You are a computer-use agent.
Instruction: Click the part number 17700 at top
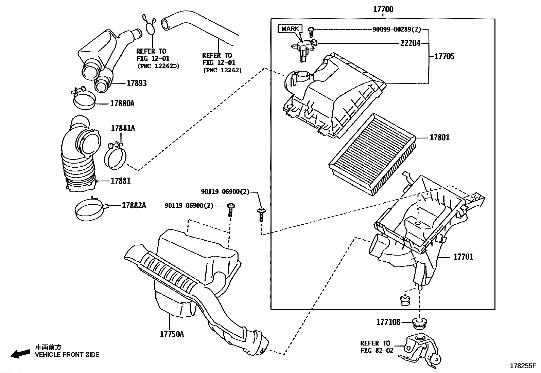pos(383,9)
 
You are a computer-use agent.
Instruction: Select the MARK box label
pos(290,29)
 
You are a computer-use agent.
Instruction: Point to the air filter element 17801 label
pos(439,137)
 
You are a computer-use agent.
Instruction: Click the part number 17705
pos(444,56)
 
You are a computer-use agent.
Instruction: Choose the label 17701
pos(463,257)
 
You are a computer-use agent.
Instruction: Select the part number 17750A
pos(172,334)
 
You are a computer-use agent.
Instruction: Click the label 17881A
pos(123,128)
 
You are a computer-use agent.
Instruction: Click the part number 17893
pos(137,83)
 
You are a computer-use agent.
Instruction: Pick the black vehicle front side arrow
pos(20,353)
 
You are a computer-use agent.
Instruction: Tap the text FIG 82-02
pos(377,350)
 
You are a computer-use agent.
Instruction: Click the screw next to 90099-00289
pos(311,31)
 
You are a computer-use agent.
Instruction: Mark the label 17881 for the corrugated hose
pos(121,181)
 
